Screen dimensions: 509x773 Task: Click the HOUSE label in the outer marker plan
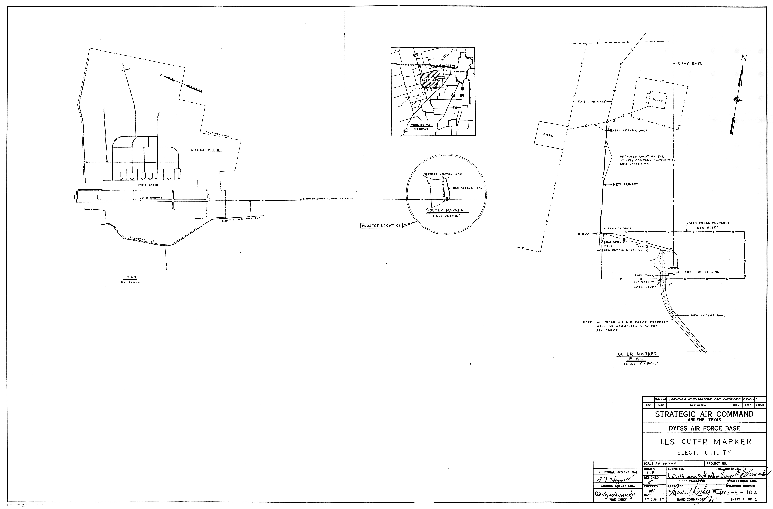pyautogui.click(x=657, y=100)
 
